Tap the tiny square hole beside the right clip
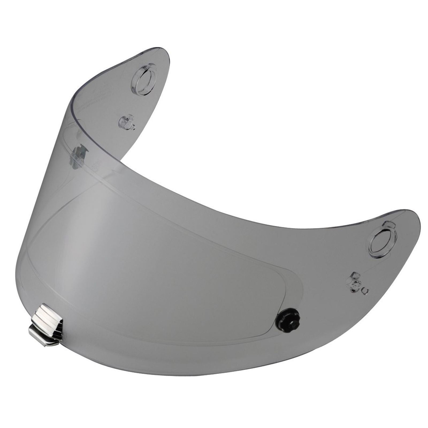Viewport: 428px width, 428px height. [x=366, y=291]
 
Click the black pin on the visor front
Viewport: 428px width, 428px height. [x=288, y=319]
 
